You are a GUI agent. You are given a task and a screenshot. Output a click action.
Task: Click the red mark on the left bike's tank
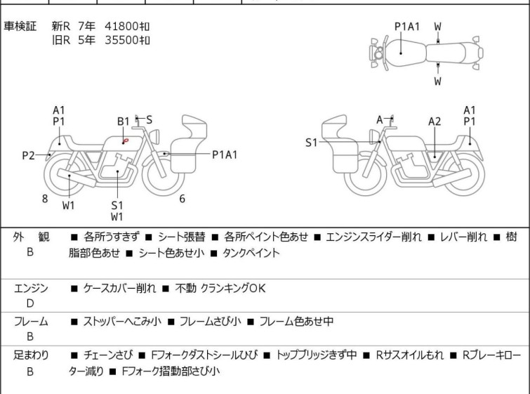point(125,141)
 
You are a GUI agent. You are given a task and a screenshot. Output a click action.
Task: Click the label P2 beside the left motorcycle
point(28,155)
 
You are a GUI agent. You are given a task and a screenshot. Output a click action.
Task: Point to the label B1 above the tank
point(124,121)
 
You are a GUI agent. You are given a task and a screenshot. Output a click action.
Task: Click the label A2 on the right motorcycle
point(435,122)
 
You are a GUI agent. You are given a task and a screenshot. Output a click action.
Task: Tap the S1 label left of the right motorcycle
point(311,143)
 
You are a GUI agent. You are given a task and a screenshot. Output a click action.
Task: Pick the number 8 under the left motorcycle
point(45,199)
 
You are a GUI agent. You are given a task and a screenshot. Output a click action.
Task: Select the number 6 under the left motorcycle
point(182,199)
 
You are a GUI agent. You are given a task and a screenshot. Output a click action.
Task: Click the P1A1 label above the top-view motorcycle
point(407,27)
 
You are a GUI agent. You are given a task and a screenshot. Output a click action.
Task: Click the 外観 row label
point(30,237)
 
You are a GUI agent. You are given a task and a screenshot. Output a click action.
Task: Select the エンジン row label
point(30,288)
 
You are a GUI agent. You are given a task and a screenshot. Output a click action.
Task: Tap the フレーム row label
point(30,322)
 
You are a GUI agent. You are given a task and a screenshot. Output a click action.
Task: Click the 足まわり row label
point(30,355)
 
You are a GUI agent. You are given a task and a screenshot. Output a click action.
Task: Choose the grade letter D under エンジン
point(30,303)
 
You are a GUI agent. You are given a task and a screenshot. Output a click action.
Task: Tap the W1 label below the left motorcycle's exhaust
point(68,206)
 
